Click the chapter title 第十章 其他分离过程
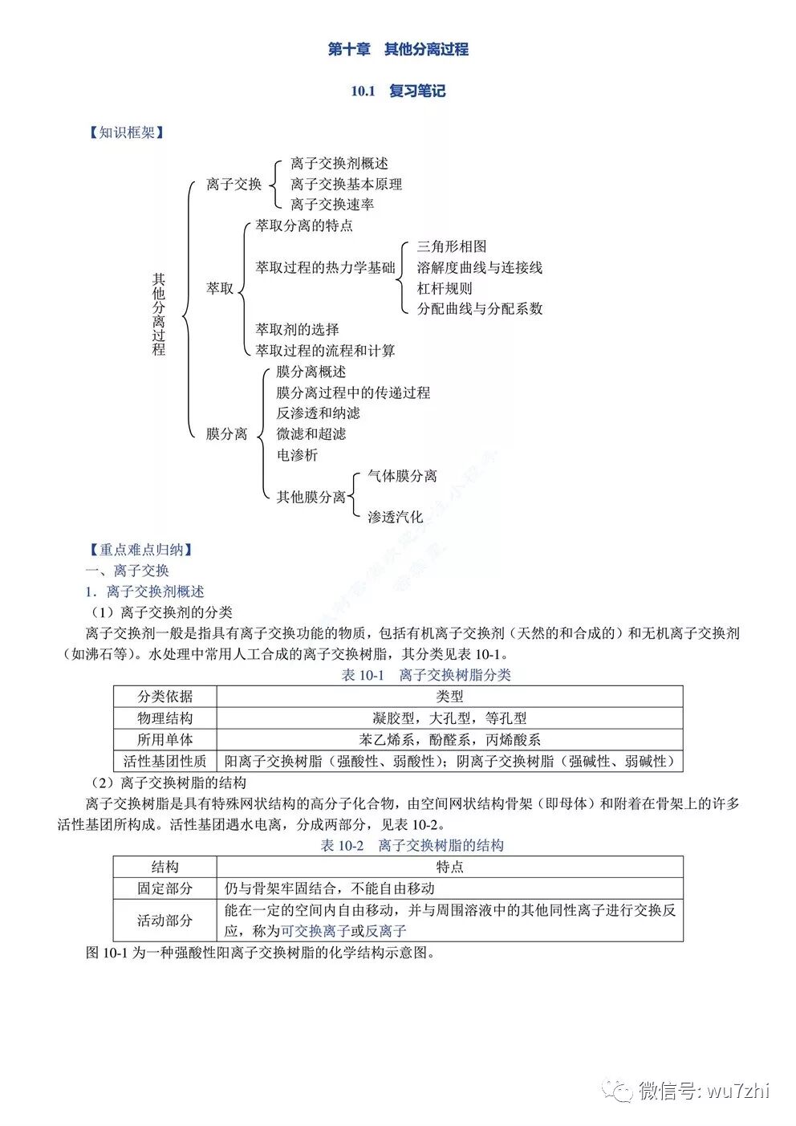pyautogui.click(x=398, y=50)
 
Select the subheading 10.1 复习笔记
pyautogui.click(x=398, y=91)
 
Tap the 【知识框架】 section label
pyautogui.click(x=124, y=132)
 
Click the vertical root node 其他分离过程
pyautogui.click(x=159, y=314)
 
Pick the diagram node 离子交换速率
pyautogui.click(x=332, y=205)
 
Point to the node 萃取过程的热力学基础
pyautogui.click(x=325, y=267)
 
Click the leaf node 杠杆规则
pyautogui.click(x=445, y=288)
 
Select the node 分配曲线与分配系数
pyautogui.click(x=480, y=308)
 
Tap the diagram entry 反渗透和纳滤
pyautogui.click(x=319, y=413)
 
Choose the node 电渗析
pyautogui.click(x=297, y=455)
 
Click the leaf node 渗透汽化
pyautogui.click(x=395, y=517)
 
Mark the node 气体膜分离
pyautogui.click(x=402, y=476)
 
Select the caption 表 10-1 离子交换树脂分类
pyautogui.click(x=426, y=675)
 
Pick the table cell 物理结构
pyautogui.click(x=164, y=718)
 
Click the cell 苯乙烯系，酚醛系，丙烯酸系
pyautogui.click(x=449, y=740)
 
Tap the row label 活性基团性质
pyautogui.click(x=164, y=761)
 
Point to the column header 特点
pyautogui.click(x=449, y=867)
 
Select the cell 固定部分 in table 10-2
pyautogui.click(x=164, y=888)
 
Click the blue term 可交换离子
pyautogui.click(x=315, y=931)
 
